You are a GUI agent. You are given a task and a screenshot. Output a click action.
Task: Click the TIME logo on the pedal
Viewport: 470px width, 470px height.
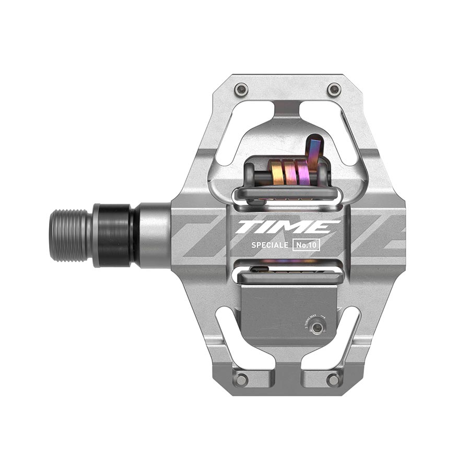point(287,227)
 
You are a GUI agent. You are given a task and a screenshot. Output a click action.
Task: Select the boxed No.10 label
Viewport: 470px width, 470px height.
point(306,244)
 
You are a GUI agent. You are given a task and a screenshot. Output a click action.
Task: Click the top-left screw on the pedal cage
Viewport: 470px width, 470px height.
point(240,89)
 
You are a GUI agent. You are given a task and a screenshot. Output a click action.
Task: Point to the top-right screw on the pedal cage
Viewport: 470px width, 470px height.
point(334,89)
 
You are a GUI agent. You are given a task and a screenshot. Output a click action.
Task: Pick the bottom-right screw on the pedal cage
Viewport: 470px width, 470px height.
point(333,379)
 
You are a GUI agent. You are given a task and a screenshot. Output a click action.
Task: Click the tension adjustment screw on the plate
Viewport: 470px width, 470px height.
point(316,327)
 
